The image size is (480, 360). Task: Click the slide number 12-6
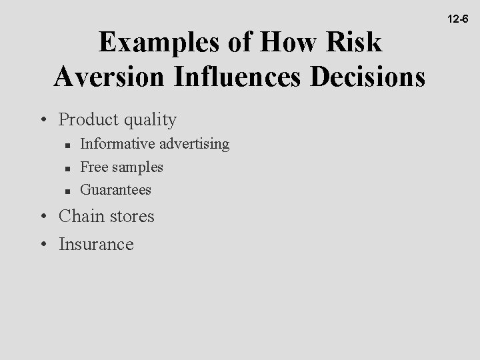pyautogui.click(x=458, y=19)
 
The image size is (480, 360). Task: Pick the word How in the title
pyautogui.click(x=287, y=43)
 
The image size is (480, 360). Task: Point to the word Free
pyautogui.click(x=93, y=167)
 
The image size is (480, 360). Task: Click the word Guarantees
pyautogui.click(x=115, y=190)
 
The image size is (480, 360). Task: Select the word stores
pyautogui.click(x=130, y=217)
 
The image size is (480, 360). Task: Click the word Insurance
pyautogui.click(x=96, y=244)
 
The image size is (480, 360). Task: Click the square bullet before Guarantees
pyautogui.click(x=68, y=191)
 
